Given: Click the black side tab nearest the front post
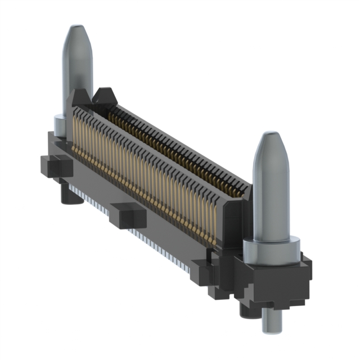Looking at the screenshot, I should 202,270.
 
